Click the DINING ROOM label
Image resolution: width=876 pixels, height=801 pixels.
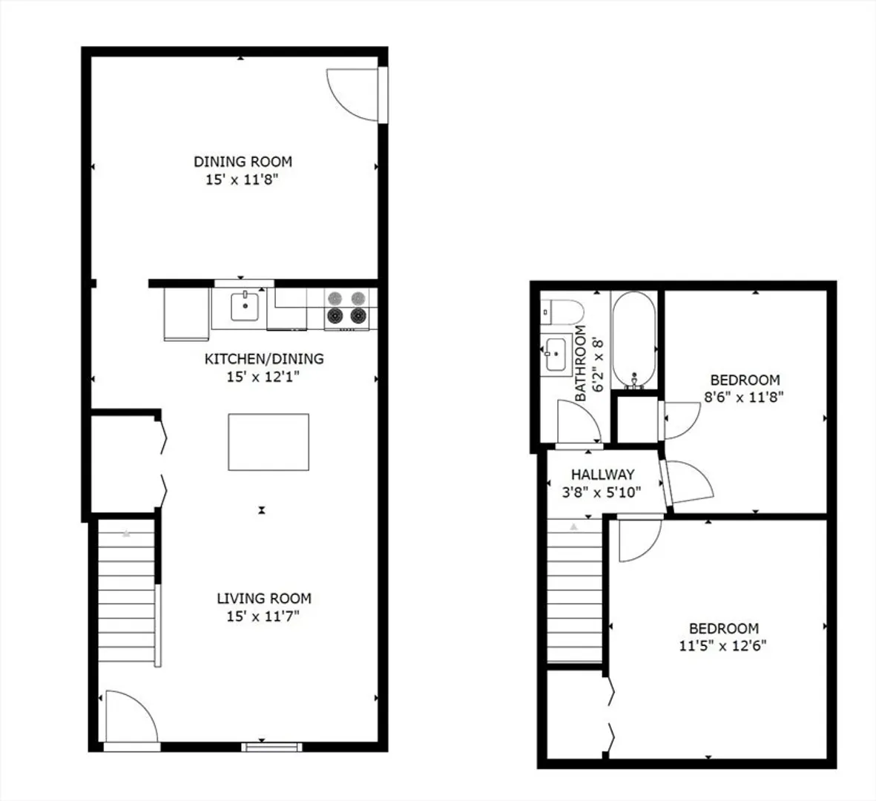(243, 162)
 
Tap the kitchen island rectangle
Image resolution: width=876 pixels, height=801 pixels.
(269, 442)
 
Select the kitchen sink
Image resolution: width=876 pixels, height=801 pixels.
(245, 306)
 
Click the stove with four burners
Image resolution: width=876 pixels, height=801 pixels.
(346, 309)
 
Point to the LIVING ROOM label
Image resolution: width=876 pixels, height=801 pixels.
(264, 599)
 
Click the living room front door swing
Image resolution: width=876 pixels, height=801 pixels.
(131, 717)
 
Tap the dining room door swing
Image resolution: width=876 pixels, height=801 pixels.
(352, 94)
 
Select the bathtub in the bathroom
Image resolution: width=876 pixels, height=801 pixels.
(633, 340)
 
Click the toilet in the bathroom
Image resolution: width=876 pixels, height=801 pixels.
(562, 311)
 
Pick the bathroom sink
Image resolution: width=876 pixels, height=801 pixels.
(556, 355)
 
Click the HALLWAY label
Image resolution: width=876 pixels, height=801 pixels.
(602, 474)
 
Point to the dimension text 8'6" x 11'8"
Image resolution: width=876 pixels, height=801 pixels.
(743, 397)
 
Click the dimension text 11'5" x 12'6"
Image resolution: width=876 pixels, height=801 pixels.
(722, 646)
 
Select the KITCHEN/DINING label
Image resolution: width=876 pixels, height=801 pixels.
(264, 359)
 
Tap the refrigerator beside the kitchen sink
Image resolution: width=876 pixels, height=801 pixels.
(186, 314)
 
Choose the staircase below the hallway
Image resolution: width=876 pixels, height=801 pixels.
(575, 591)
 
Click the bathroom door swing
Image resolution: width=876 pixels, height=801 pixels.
(580, 422)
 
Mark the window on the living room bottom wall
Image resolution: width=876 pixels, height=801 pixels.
(272, 748)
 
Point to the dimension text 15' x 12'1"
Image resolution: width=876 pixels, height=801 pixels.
(263, 377)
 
